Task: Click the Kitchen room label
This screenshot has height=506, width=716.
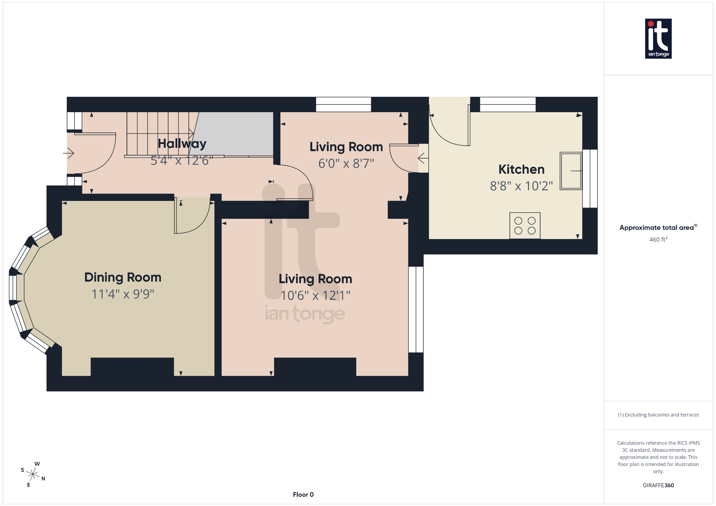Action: tap(521, 169)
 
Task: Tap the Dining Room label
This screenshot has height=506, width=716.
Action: tap(123, 277)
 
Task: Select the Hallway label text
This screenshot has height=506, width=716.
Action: tap(182, 144)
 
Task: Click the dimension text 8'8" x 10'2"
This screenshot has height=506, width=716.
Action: tap(521, 186)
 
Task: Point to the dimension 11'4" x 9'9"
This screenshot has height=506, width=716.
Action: tap(123, 294)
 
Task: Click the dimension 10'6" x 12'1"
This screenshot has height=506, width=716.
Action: tap(315, 296)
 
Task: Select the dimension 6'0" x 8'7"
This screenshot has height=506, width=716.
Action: tap(346, 164)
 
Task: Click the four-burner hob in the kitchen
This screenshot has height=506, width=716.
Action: tap(525, 226)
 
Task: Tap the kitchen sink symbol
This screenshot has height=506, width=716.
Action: tap(571, 171)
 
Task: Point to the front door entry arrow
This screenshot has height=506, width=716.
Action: tap(69, 153)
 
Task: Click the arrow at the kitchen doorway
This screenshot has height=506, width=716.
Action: tap(423, 158)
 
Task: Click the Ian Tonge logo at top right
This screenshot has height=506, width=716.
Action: tap(658, 38)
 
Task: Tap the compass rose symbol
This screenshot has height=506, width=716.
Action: tap(33, 474)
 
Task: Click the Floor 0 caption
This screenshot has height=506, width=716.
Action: tap(303, 494)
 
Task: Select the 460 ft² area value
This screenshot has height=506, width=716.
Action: tap(658, 239)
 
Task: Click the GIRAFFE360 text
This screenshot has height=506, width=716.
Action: tap(658, 485)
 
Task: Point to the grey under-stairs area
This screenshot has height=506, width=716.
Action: tap(234, 133)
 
